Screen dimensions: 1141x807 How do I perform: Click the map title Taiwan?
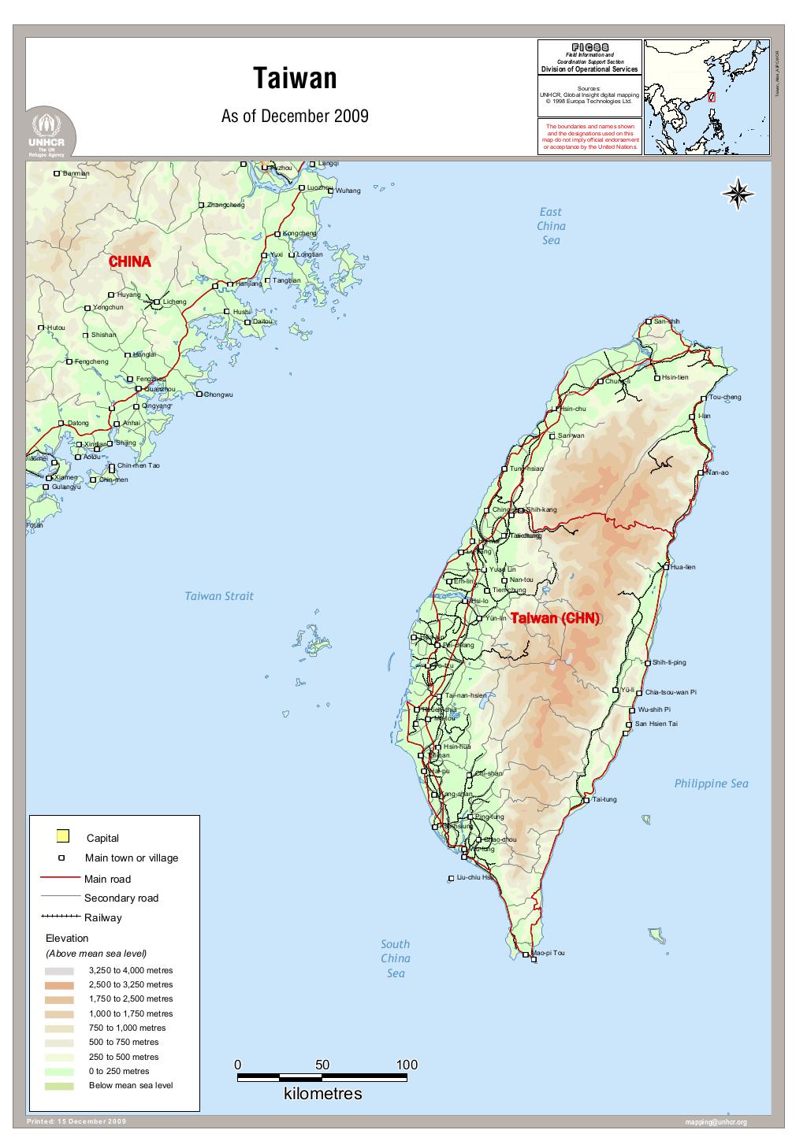pyautogui.click(x=295, y=79)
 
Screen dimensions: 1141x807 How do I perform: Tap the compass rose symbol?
pyautogui.click(x=738, y=193)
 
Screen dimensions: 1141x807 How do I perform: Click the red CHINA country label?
pyautogui.click(x=129, y=261)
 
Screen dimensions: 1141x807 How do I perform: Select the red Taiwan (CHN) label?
pyautogui.click(x=555, y=618)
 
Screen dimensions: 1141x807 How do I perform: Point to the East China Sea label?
pyautogui.click(x=551, y=225)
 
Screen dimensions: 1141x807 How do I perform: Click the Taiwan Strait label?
pyautogui.click(x=219, y=596)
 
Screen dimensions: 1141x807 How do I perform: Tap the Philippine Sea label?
pyautogui.click(x=711, y=784)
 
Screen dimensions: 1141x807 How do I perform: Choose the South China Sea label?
pyautogui.click(x=395, y=958)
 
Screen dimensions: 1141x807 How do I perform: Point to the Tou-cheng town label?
pyautogui.click(x=725, y=397)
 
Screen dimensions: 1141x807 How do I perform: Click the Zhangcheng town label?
pyautogui.click(x=225, y=205)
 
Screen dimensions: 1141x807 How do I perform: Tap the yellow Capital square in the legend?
pyautogui.click(x=63, y=836)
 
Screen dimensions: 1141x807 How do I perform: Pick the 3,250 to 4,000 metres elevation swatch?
pyautogui.click(x=60, y=971)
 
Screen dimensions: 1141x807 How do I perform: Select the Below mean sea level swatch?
pyautogui.click(x=60, y=1086)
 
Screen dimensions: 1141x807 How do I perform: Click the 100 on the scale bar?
pyautogui.click(x=407, y=1065)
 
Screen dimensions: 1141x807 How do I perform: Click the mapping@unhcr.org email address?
pyautogui.click(x=716, y=1122)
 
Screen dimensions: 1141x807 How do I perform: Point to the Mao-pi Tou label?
pyautogui.click(x=549, y=953)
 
